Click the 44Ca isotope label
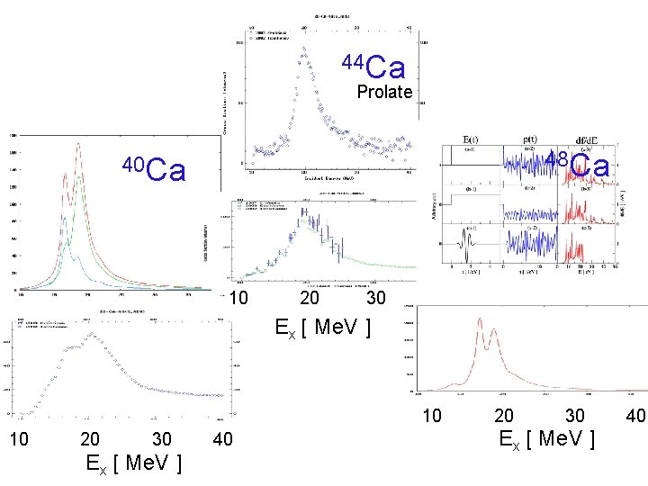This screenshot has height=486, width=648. coord(373,67)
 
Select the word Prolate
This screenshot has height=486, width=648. coord(384,92)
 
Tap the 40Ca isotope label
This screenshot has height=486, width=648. coord(154,168)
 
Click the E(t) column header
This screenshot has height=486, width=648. coord(471,140)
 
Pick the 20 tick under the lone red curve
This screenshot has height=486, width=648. coord(504,415)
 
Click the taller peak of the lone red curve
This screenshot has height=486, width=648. coord(481,319)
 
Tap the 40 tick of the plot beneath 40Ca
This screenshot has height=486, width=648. coord(223,439)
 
